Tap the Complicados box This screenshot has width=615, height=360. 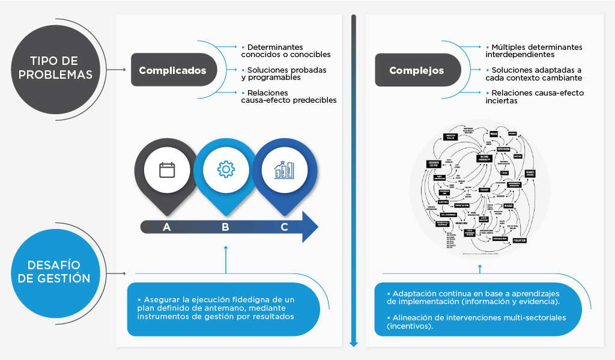pyautogui.click(x=172, y=70)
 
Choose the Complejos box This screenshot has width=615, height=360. pyautogui.click(x=416, y=70)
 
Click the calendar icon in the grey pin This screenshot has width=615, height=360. pyautogui.click(x=167, y=170)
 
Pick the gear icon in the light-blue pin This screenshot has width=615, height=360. pyautogui.click(x=225, y=170)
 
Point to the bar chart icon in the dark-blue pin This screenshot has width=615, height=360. pyautogui.click(x=283, y=170)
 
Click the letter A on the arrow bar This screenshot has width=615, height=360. pyautogui.click(x=166, y=227)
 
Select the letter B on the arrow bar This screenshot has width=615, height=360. pyautogui.click(x=225, y=227)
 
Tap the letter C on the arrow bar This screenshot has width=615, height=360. pyautogui.click(x=284, y=227)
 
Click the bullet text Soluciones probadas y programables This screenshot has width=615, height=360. pyautogui.click(x=287, y=73)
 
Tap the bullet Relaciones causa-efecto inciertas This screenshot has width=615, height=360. pyautogui.click(x=534, y=96)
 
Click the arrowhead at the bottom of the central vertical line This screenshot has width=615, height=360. pyautogui.click(x=354, y=343)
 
